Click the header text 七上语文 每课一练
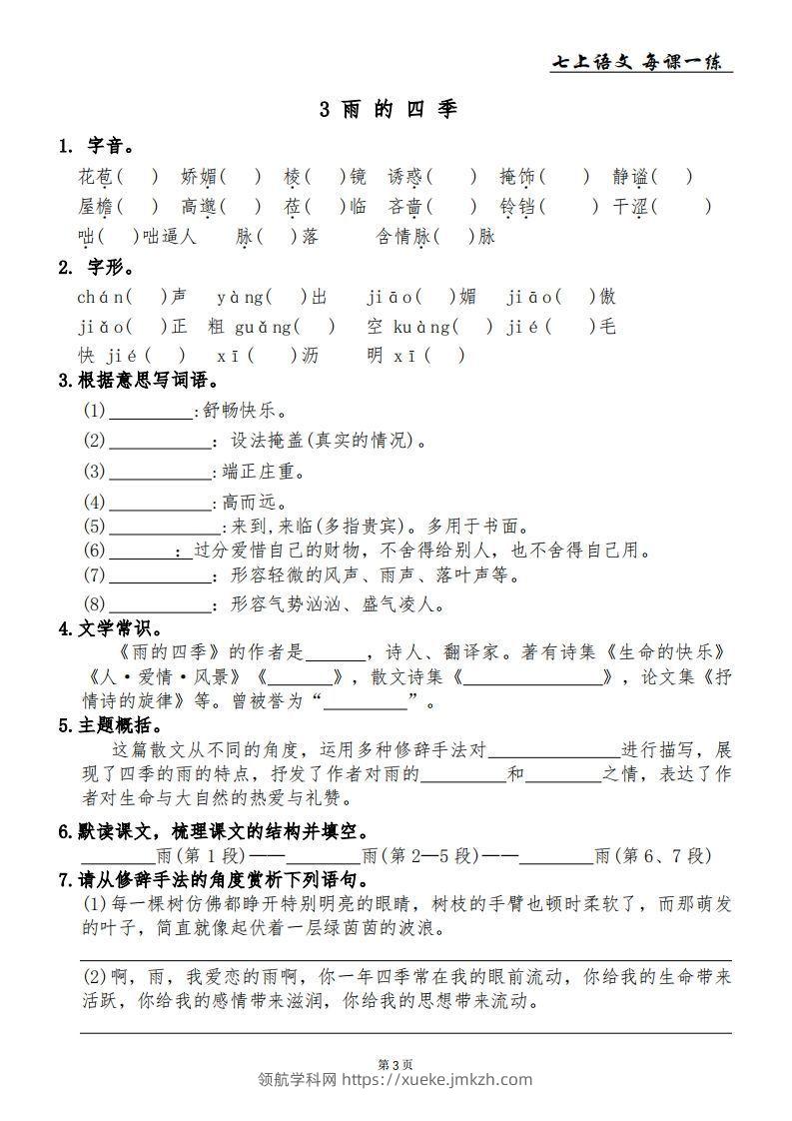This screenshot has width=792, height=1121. click(x=640, y=62)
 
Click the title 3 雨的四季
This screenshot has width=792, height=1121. click(x=389, y=109)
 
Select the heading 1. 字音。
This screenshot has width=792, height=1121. click(x=97, y=147)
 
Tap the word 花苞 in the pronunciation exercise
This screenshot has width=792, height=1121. click(x=96, y=178)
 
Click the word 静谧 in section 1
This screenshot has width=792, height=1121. click(x=632, y=178)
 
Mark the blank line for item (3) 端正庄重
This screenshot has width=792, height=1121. click(x=160, y=472)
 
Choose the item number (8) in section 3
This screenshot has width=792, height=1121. click(x=95, y=604)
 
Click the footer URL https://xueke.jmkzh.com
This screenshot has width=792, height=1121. click(x=437, y=1079)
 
